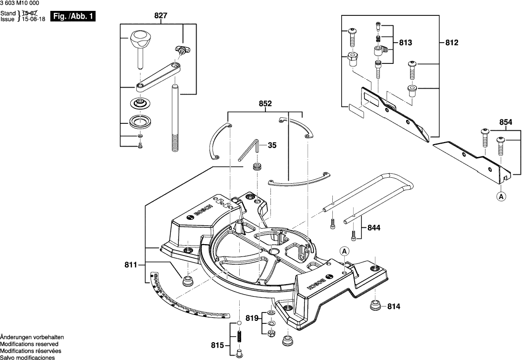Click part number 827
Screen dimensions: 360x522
(160, 16)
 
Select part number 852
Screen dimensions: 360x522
(265, 104)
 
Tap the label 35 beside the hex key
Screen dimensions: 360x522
(271, 146)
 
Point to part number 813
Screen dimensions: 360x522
(405, 43)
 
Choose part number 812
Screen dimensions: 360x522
(452, 43)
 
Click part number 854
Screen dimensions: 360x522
(506, 122)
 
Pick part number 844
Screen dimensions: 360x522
(374, 228)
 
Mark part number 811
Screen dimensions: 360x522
(131, 266)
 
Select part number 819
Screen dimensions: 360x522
(252, 319)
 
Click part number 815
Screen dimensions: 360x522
(217, 345)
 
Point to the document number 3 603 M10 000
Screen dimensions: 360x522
(20, 4)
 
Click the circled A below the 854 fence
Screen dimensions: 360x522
(501, 197)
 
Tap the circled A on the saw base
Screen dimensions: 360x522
(344, 252)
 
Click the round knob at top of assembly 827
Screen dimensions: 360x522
(141, 38)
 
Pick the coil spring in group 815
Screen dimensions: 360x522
(238, 338)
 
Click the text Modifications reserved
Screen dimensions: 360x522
(29, 344)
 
